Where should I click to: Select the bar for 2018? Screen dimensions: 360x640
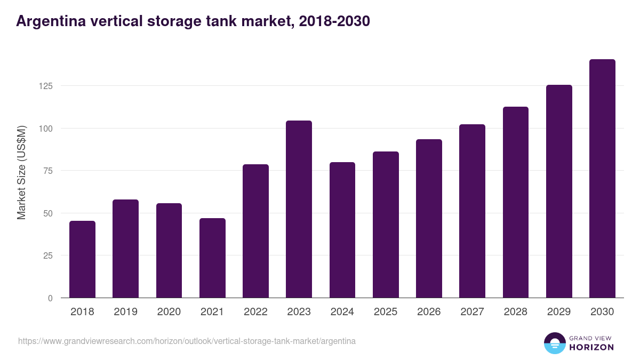pyautogui.click(x=83, y=259)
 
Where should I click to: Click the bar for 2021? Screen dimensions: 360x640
pyautogui.click(x=212, y=258)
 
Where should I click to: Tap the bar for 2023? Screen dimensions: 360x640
pyautogui.click(x=299, y=209)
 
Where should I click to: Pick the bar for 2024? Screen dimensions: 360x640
pyautogui.click(x=342, y=230)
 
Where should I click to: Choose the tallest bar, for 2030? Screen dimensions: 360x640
pyautogui.click(x=602, y=179)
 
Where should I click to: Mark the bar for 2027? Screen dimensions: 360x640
pyautogui.click(x=472, y=211)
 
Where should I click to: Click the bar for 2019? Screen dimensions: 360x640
pyautogui.click(x=126, y=249)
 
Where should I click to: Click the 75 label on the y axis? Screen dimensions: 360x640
pyautogui.click(x=47, y=171)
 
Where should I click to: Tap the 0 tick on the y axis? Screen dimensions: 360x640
pyautogui.click(x=50, y=298)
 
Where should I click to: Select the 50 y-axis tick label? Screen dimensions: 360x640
pyautogui.click(x=47, y=213)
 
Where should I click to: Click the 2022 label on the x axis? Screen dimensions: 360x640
pyautogui.click(x=255, y=312)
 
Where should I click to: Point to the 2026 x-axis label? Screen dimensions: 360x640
pyautogui.click(x=429, y=312)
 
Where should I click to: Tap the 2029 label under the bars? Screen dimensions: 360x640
pyautogui.click(x=559, y=312)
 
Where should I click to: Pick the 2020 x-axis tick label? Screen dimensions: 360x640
pyautogui.click(x=169, y=312)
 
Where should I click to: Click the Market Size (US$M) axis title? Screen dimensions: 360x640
pyautogui.click(x=21, y=173)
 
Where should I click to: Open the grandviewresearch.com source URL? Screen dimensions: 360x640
pyautogui.click(x=187, y=341)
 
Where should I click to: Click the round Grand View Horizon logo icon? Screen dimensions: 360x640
pyautogui.click(x=554, y=343)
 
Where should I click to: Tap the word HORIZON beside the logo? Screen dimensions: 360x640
pyautogui.click(x=591, y=347)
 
